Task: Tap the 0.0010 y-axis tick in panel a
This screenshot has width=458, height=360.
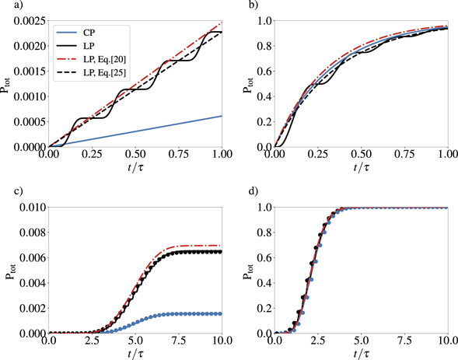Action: tap(28, 95)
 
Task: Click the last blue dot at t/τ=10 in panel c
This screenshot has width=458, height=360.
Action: tap(222, 314)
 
